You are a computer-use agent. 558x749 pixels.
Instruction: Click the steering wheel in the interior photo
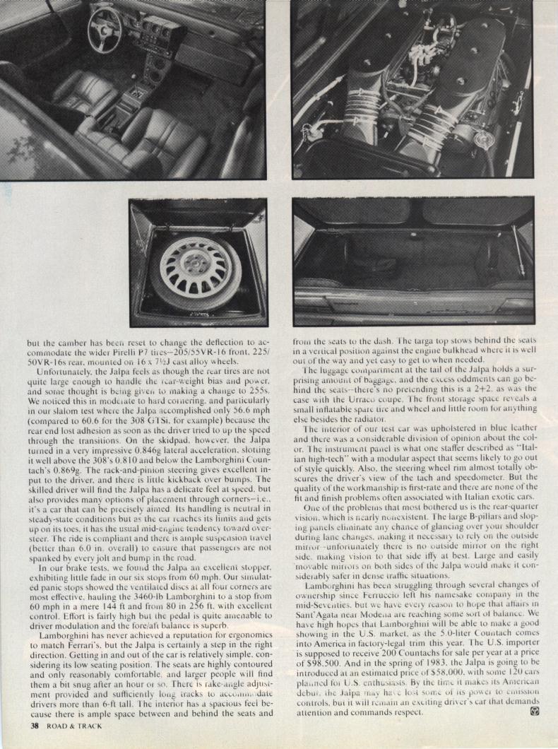105,30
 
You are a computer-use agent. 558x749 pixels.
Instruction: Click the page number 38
33,725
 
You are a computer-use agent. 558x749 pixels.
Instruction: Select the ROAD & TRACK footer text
73,725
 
